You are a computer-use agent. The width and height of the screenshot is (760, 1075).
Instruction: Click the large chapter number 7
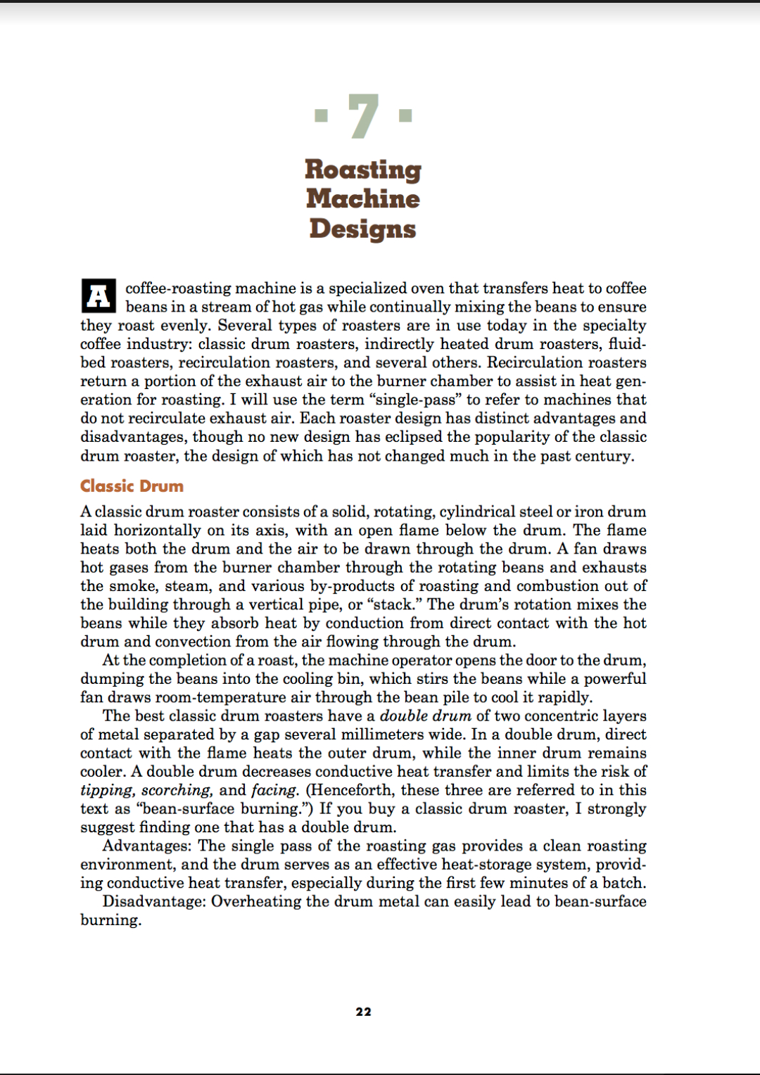click(x=363, y=116)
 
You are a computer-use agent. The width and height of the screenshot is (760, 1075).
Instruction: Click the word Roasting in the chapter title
click(x=363, y=170)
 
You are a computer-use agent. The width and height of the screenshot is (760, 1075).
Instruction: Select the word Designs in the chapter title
click(x=363, y=229)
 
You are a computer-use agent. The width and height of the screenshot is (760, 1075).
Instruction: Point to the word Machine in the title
click(x=363, y=199)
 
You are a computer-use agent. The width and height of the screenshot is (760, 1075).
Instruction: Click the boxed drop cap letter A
click(x=99, y=296)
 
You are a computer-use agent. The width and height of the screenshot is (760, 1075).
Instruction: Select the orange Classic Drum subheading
click(x=132, y=486)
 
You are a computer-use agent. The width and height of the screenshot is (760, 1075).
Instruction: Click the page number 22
click(x=363, y=1012)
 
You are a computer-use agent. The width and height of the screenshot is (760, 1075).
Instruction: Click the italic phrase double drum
click(x=425, y=716)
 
